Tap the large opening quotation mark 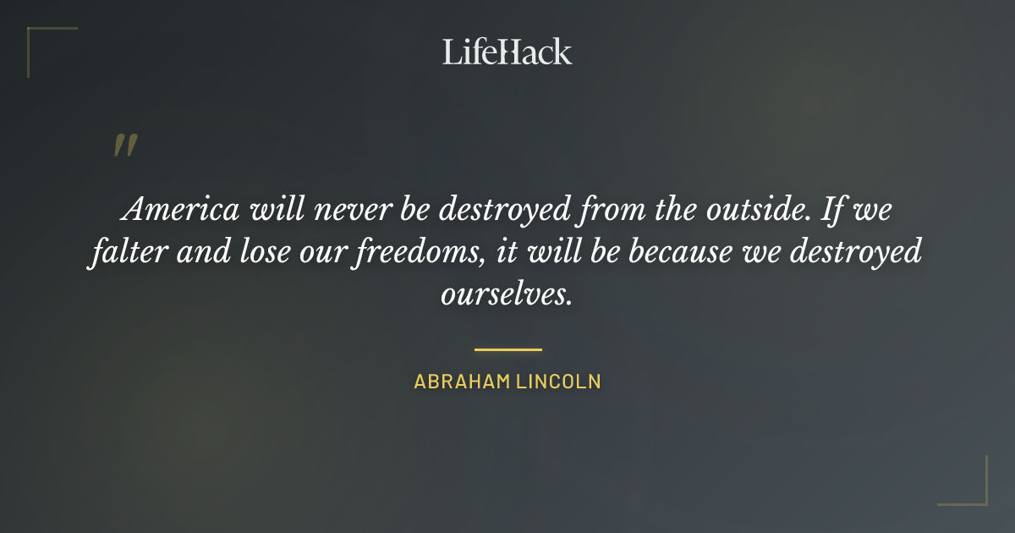[124, 146]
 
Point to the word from [610, 209]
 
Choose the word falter [123, 251]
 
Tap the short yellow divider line [507, 349]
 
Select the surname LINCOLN [560, 382]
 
